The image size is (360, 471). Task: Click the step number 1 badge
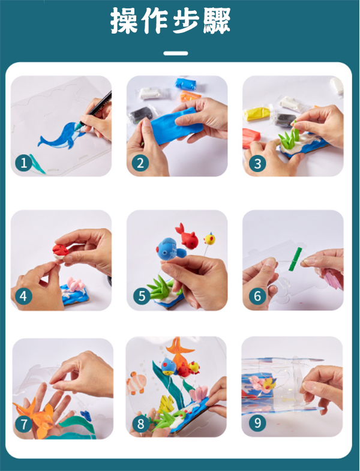click(24, 163)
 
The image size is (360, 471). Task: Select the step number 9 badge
click(257, 423)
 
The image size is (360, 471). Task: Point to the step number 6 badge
click(257, 296)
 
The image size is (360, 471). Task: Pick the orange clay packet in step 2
click(190, 96)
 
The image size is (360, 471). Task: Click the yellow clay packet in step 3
click(257, 113)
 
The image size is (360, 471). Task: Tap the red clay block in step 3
click(251, 137)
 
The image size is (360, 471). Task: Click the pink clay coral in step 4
click(75, 284)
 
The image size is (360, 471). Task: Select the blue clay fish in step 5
click(170, 248)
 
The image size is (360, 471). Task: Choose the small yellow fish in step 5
click(209, 239)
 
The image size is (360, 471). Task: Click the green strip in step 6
click(295, 259)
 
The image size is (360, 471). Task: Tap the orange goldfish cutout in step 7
click(34, 416)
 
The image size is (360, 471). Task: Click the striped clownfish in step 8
click(136, 382)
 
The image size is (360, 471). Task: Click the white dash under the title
click(176, 53)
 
